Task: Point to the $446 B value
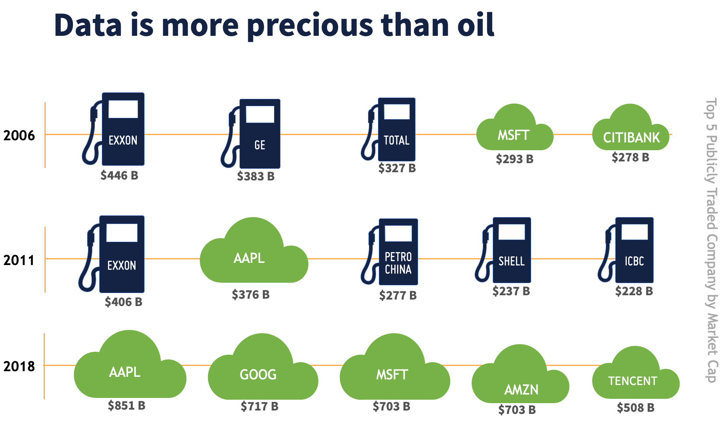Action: [x=119, y=175]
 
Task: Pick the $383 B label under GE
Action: [x=255, y=176]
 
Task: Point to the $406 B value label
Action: [x=123, y=302]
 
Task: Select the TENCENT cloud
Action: [x=634, y=378]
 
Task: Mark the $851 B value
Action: [x=126, y=405]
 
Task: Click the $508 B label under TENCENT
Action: [x=636, y=407]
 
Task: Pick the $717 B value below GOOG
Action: [x=259, y=406]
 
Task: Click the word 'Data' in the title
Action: [x=88, y=25]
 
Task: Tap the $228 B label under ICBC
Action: [x=634, y=291]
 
